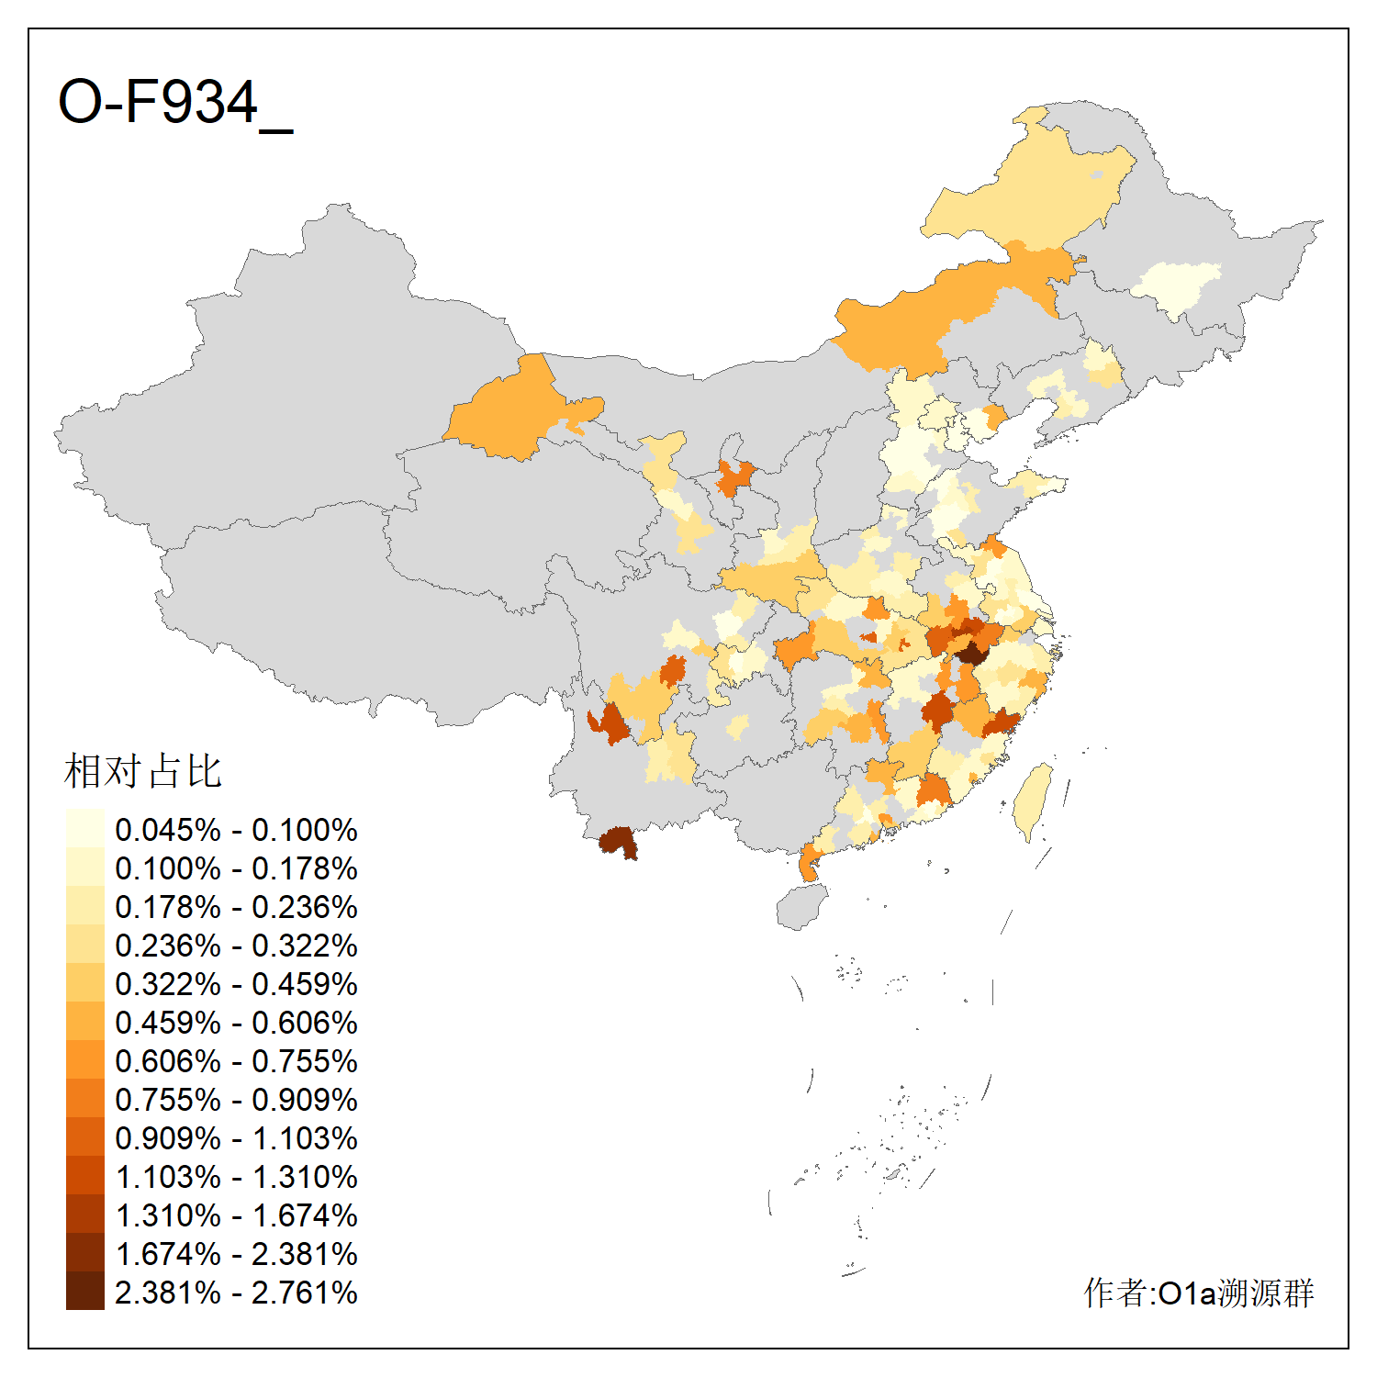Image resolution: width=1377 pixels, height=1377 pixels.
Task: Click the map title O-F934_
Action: click(174, 103)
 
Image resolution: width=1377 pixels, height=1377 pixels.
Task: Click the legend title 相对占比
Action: click(143, 771)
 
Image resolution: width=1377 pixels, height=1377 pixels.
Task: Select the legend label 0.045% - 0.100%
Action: click(236, 830)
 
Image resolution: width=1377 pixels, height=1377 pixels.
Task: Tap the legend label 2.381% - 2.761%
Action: click(236, 1293)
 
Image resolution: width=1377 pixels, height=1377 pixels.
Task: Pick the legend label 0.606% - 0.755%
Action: click(236, 1061)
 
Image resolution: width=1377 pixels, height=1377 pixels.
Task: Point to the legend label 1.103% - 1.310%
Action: click(236, 1177)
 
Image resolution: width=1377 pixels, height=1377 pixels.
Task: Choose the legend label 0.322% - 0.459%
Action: click(236, 984)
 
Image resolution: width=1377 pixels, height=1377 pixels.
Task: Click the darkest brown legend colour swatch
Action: click(84, 1292)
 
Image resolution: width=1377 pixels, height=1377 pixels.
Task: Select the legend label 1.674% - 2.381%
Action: click(236, 1254)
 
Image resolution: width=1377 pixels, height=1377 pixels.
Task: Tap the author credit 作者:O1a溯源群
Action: click(1198, 1293)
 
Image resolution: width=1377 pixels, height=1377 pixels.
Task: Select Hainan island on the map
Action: click(801, 906)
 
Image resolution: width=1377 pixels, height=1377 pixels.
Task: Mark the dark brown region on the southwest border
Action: click(618, 841)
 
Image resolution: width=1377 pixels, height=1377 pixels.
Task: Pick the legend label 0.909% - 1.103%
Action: click(236, 1138)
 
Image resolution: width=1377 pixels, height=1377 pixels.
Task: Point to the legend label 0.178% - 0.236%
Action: click(236, 907)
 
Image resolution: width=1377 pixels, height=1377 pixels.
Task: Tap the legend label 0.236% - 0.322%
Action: click(236, 946)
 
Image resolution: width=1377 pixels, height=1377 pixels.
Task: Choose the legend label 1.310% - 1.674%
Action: click(236, 1215)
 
